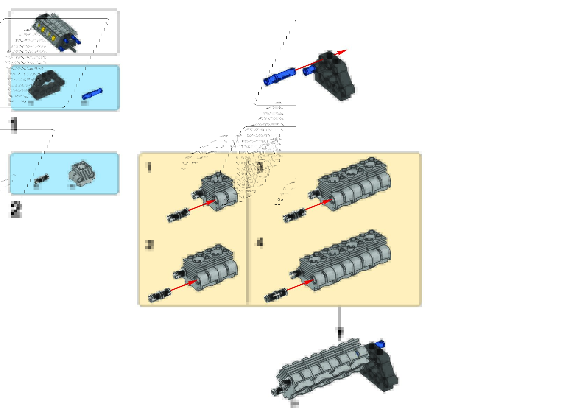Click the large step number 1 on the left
(14, 125)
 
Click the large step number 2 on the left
(16, 209)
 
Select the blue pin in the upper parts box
(92, 94)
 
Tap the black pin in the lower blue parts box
(42, 179)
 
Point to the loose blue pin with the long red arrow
(279, 76)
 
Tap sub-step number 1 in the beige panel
(149, 167)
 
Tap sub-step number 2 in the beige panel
(149, 245)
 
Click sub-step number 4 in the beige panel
(260, 242)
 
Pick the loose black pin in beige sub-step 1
(178, 214)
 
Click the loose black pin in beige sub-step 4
(276, 295)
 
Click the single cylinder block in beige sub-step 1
(220, 190)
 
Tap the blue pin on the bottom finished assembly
(380, 344)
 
